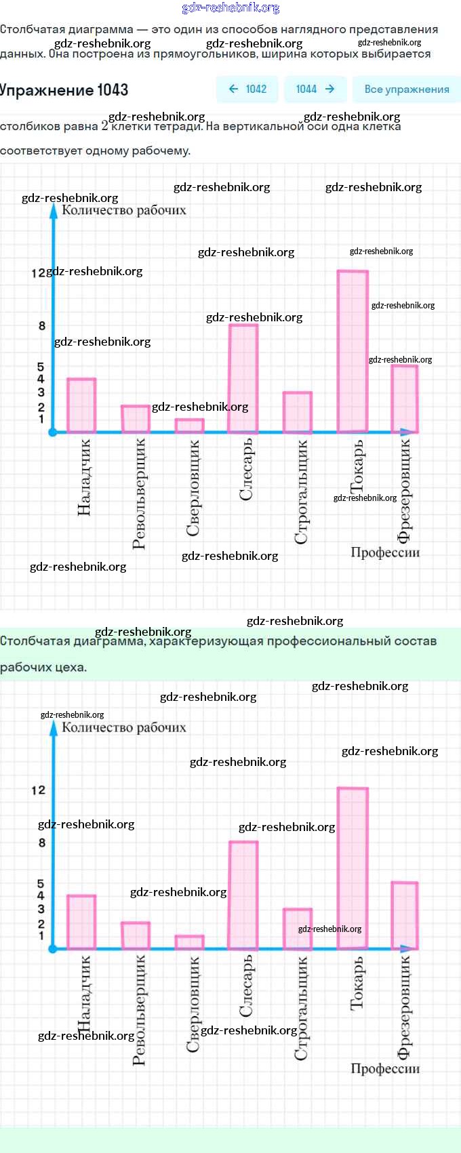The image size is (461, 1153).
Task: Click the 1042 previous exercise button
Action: point(247,89)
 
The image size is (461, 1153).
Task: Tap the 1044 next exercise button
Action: point(315,89)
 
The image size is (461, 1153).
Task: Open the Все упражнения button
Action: point(406,89)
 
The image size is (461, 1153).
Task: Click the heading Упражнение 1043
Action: point(64,90)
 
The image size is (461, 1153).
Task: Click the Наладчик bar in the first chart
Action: point(81,405)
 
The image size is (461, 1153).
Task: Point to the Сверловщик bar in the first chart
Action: point(189,426)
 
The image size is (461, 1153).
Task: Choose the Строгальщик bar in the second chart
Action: point(297,929)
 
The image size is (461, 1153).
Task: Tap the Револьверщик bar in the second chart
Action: point(136,935)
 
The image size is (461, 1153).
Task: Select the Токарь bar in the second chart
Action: point(353,868)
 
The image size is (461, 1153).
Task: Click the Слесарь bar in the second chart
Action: point(243,895)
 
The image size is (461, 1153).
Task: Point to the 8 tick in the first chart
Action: point(42,325)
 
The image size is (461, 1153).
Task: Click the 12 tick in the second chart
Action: point(38,790)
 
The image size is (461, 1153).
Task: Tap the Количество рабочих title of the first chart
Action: point(124,210)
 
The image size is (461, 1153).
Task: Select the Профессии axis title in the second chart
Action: point(385,1068)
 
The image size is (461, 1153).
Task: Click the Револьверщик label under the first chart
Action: point(139,493)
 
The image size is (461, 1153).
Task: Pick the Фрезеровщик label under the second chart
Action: point(404,1007)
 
